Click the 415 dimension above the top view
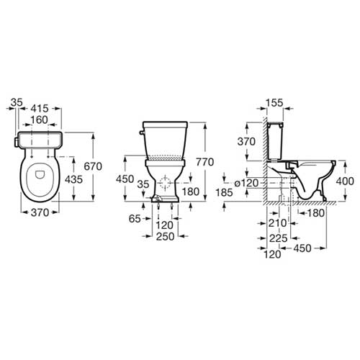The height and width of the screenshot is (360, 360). pos(40,109)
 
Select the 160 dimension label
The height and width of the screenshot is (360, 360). pos(40,120)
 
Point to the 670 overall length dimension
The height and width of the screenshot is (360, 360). pos(93,166)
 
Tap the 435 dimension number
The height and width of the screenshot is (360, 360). pos(73,179)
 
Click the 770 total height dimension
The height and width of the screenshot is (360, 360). pos(204,162)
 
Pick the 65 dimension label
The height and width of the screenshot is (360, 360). pos(135,219)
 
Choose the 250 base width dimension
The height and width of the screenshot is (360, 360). pos(166,237)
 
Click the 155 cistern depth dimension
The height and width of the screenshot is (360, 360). pos(274,103)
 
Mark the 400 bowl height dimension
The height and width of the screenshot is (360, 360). pos(345,181)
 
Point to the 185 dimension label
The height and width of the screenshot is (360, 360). pos(224,192)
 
